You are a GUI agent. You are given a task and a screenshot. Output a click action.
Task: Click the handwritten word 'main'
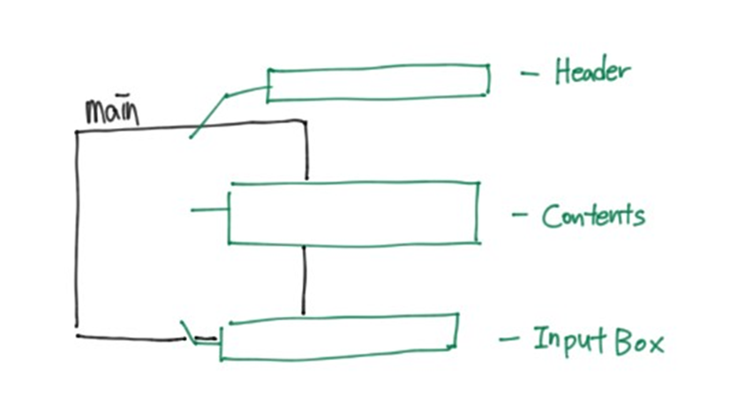(111, 112)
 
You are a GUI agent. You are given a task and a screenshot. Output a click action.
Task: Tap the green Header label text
(592, 71)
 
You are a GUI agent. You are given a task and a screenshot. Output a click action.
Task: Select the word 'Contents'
(592, 215)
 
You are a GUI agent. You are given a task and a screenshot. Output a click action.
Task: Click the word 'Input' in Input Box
(563, 341)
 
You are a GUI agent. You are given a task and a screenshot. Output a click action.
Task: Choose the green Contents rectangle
(353, 213)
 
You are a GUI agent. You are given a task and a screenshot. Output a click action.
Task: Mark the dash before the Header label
(530, 74)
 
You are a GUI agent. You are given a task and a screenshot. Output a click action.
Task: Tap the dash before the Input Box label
(510, 339)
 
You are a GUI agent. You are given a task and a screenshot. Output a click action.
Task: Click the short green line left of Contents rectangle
(208, 210)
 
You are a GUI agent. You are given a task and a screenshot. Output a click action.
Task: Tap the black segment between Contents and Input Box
(304, 278)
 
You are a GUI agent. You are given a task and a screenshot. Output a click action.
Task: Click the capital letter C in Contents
(551, 215)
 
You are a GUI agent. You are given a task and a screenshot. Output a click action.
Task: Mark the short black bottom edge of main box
(132, 336)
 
